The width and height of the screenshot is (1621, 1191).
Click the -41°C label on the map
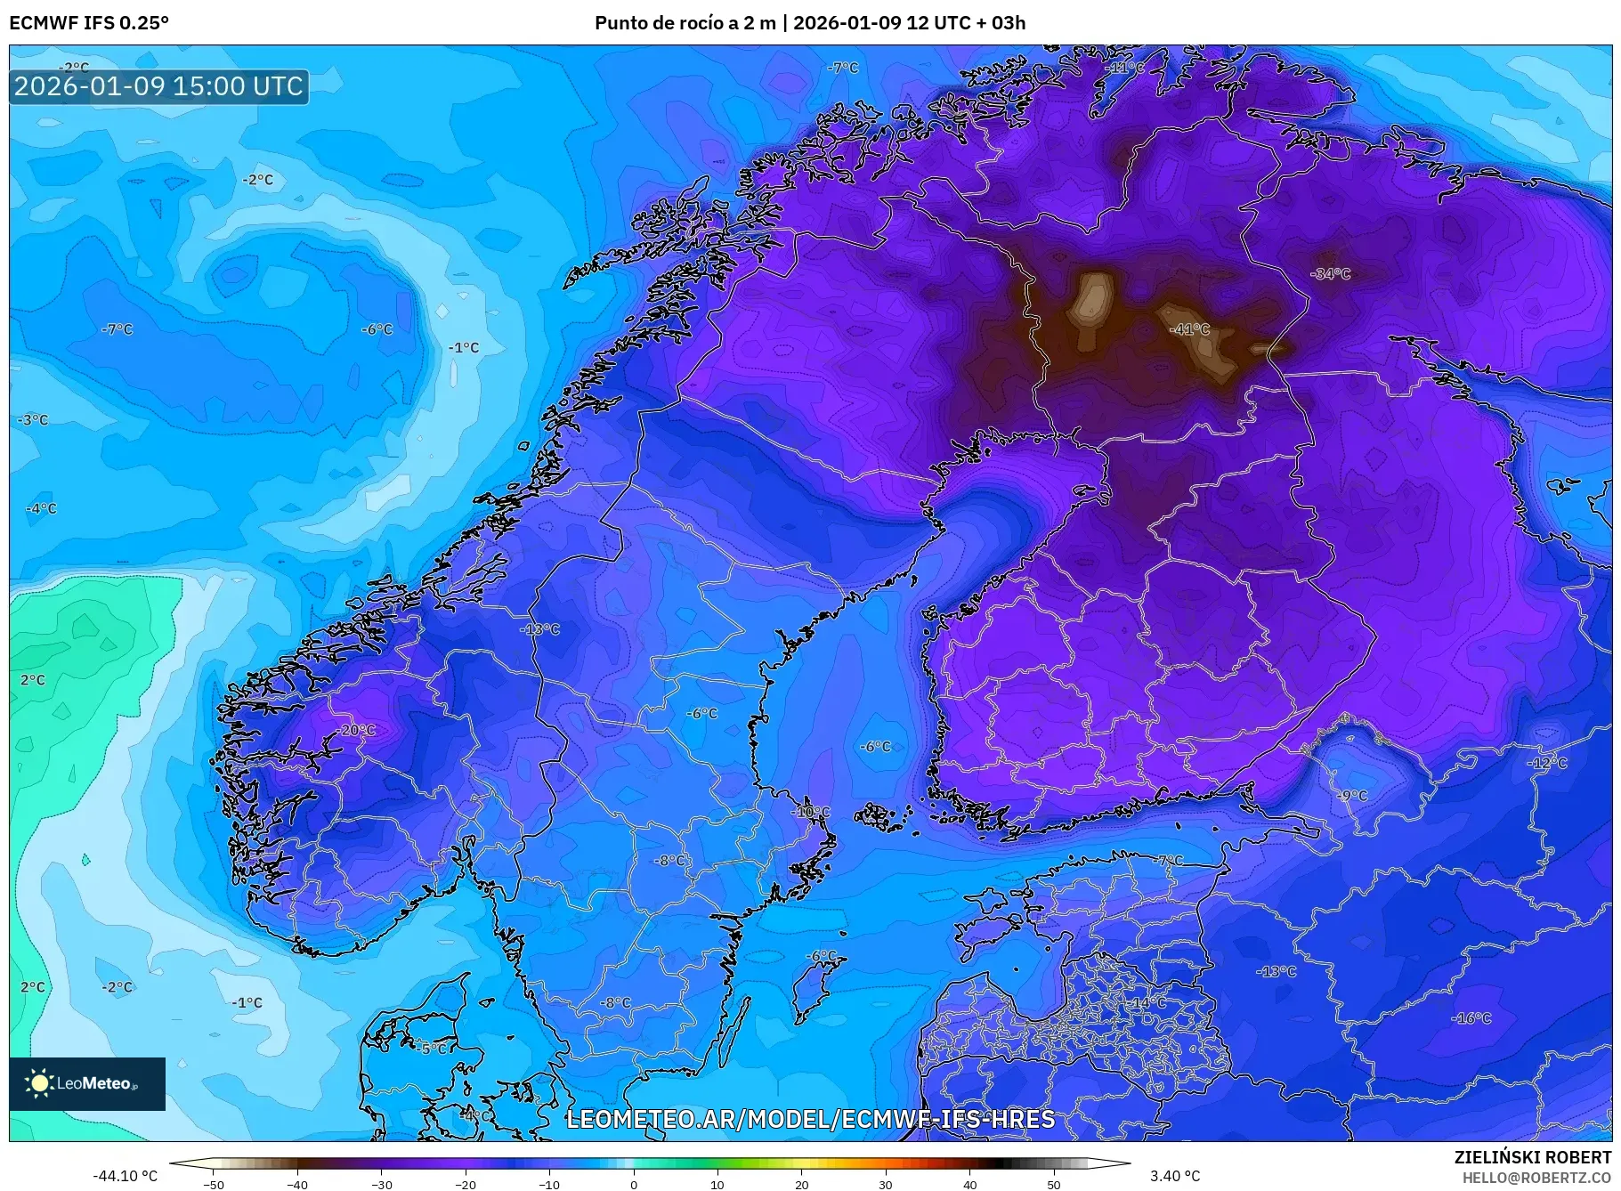(1189, 329)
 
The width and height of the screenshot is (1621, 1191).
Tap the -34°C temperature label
(1331, 274)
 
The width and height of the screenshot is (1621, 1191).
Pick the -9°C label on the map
(1352, 796)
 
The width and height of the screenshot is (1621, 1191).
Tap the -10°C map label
(811, 812)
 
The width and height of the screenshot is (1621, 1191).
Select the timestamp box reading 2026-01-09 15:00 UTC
(158, 86)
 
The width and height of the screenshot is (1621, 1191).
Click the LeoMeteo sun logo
(39, 1083)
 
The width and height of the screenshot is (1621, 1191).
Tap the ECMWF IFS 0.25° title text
(89, 22)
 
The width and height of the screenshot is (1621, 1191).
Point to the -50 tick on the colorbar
(214, 1185)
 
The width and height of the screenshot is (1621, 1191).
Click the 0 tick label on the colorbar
(634, 1185)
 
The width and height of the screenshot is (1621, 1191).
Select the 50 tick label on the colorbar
(1054, 1185)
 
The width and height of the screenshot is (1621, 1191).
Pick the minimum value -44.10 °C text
(126, 1176)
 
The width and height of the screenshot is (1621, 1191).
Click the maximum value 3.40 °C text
(1175, 1176)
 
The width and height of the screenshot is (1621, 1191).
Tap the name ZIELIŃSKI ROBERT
(1532, 1157)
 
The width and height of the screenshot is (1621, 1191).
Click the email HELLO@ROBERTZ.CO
(1536, 1178)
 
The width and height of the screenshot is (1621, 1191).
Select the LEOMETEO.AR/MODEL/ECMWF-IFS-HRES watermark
(810, 1119)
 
